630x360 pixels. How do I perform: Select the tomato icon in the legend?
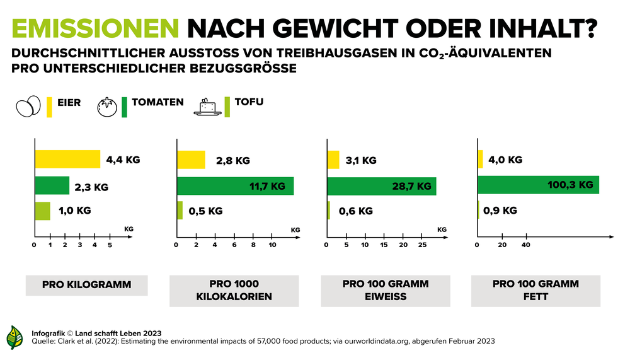point(107,107)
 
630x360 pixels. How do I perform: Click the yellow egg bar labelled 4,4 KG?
point(67,160)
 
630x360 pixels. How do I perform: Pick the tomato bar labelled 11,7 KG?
point(235,186)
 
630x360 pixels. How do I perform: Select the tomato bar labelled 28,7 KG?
point(382,186)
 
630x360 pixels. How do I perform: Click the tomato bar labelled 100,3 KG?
point(538,185)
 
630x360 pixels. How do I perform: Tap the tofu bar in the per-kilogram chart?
point(42,211)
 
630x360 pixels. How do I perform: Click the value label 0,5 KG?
point(205,211)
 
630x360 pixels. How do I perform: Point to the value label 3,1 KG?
point(361,160)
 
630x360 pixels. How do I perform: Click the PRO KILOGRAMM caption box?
point(86,285)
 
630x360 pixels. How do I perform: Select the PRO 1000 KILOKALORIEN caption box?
point(234,290)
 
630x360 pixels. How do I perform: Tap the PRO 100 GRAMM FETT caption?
point(535,290)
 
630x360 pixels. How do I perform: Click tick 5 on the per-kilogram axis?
point(110,245)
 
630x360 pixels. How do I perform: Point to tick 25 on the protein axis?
point(422,245)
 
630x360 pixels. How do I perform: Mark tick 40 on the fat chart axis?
point(526,245)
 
